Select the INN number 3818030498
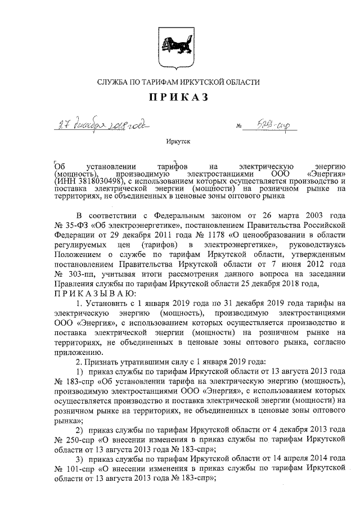98,181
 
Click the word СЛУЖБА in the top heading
113,82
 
